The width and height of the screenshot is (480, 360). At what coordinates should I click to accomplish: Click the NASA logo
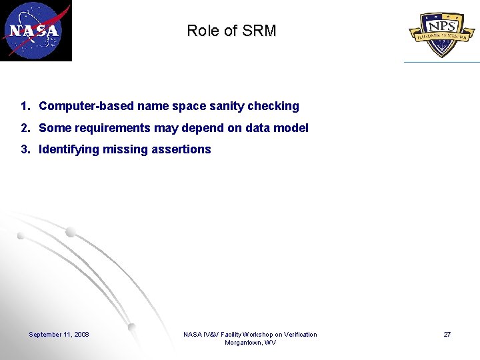coord(35,31)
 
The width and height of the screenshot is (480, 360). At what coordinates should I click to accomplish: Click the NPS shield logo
coord(441,33)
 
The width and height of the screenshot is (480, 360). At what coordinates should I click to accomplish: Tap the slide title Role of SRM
coord(231,31)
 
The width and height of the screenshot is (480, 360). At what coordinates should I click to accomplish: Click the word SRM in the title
coord(260,31)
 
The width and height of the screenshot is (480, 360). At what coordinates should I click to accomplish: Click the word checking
coord(273,106)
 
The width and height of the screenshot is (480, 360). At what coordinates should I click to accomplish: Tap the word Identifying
coord(69,149)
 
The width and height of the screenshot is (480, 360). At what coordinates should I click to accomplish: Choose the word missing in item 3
coord(124,149)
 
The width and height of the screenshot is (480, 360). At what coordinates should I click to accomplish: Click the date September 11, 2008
coord(59,335)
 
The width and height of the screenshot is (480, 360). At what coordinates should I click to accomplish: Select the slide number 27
coord(447,335)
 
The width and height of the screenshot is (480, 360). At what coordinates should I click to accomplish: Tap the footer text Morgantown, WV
coord(250,343)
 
